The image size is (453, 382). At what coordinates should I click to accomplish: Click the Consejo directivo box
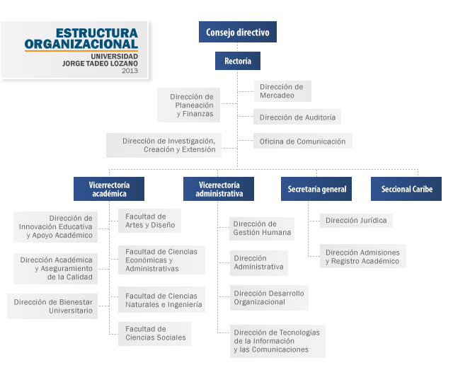(x=237, y=32)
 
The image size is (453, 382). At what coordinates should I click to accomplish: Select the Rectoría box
(x=237, y=61)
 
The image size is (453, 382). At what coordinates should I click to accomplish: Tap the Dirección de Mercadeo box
(x=281, y=91)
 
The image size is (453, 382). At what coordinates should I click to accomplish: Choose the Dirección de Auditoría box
(x=297, y=117)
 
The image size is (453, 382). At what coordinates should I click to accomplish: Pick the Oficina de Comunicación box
(x=302, y=141)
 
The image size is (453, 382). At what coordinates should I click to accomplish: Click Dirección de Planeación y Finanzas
(x=190, y=105)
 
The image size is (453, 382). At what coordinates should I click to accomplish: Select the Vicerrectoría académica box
(x=108, y=189)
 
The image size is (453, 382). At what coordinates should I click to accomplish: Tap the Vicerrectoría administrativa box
(x=219, y=189)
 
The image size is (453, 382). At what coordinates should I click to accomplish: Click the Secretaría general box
(x=316, y=189)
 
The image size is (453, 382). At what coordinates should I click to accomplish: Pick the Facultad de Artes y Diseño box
(x=149, y=221)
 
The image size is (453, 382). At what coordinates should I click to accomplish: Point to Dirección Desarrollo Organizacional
(x=268, y=297)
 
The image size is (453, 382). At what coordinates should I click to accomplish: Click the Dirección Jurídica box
(x=356, y=220)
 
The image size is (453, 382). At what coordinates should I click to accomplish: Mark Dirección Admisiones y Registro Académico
(x=362, y=256)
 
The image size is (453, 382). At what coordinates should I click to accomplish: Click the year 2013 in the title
(x=130, y=71)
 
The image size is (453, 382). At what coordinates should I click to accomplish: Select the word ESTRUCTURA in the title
(x=96, y=33)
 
